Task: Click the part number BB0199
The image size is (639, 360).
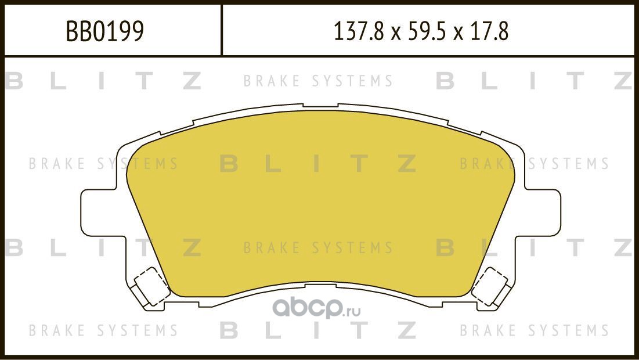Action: (104, 32)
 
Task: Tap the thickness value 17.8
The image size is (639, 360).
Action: (492, 32)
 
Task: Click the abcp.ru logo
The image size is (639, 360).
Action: (316, 309)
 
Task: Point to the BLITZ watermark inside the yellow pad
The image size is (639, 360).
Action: (318, 164)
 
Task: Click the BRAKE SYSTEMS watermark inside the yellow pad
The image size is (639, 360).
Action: (318, 248)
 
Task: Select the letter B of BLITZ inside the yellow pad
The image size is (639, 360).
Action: (229, 164)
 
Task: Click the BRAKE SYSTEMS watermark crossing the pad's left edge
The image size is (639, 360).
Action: (103, 164)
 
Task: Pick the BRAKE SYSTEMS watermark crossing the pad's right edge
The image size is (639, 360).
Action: (534, 164)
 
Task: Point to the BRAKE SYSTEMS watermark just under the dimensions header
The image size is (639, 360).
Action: (318, 81)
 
